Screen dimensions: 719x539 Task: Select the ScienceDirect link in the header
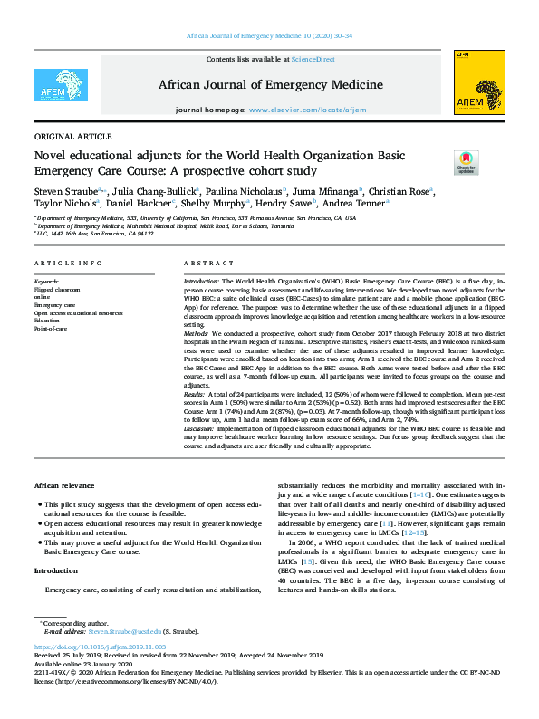click(313, 59)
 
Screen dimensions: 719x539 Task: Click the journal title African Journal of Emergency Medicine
click(269, 85)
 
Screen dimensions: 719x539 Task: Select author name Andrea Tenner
click(359, 204)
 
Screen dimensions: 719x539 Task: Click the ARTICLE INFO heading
click(68, 263)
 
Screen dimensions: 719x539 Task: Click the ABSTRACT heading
click(209, 263)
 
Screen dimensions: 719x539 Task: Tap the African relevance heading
click(65, 486)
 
